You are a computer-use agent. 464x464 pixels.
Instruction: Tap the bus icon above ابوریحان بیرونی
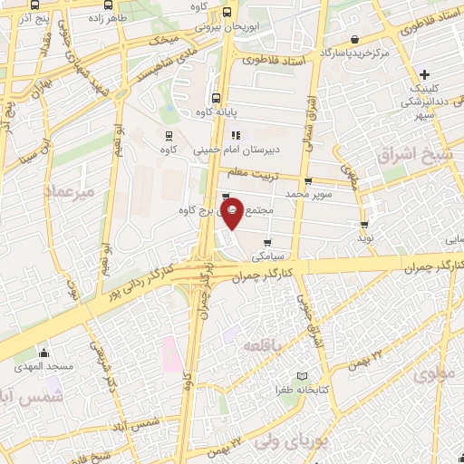(226, 13)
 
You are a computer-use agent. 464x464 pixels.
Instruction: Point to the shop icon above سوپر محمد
(308, 181)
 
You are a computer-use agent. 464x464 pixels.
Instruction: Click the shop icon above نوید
(364, 224)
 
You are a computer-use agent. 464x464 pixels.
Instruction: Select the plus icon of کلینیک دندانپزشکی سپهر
(424, 73)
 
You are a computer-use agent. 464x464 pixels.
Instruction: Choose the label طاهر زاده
(110, 17)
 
